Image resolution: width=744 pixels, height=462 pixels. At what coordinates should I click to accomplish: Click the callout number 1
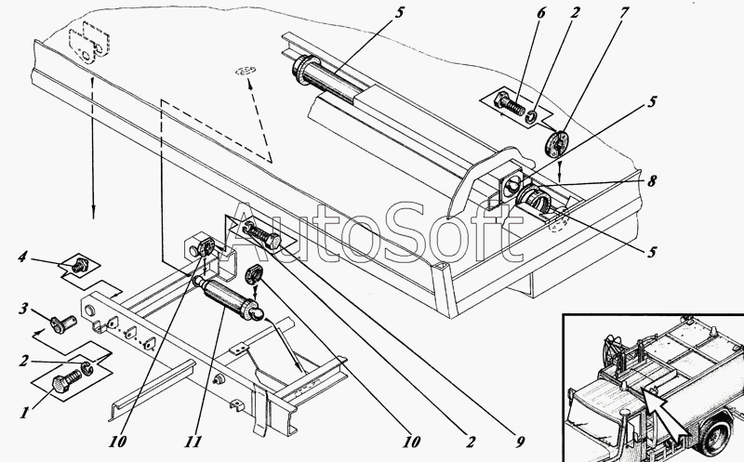tap(24, 413)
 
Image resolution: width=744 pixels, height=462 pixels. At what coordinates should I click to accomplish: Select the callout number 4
tap(22, 257)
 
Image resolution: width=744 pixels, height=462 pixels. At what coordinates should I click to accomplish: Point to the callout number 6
tap(541, 13)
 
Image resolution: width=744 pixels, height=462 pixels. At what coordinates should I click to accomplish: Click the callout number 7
tap(624, 13)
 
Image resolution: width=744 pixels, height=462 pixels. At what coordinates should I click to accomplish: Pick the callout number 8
tap(653, 180)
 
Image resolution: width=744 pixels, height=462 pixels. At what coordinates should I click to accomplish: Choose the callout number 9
tap(521, 442)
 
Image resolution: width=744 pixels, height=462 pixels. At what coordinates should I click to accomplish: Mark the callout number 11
tap(193, 442)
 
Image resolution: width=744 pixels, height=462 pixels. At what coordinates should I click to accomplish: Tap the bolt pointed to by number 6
tap(510, 103)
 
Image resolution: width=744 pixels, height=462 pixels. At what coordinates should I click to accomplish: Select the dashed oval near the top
tap(246, 72)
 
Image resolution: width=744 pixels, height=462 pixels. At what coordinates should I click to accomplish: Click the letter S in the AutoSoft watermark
tap(410, 232)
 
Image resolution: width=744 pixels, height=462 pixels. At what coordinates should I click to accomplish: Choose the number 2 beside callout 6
tap(574, 13)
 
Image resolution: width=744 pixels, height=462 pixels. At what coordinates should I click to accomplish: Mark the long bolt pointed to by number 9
tap(262, 237)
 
